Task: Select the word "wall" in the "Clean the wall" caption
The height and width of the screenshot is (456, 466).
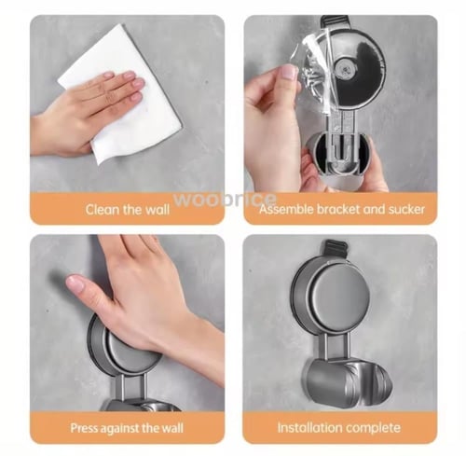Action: (158, 209)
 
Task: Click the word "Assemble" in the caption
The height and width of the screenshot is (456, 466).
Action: (286, 209)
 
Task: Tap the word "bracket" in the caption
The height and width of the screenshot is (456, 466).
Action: (338, 209)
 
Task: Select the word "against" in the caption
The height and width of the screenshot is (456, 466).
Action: (118, 428)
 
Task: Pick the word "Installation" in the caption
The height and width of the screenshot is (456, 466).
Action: (309, 427)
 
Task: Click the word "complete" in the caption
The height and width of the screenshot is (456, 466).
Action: (373, 428)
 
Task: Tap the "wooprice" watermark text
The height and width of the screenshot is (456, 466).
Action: (225, 199)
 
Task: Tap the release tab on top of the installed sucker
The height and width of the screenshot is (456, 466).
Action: (335, 248)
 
